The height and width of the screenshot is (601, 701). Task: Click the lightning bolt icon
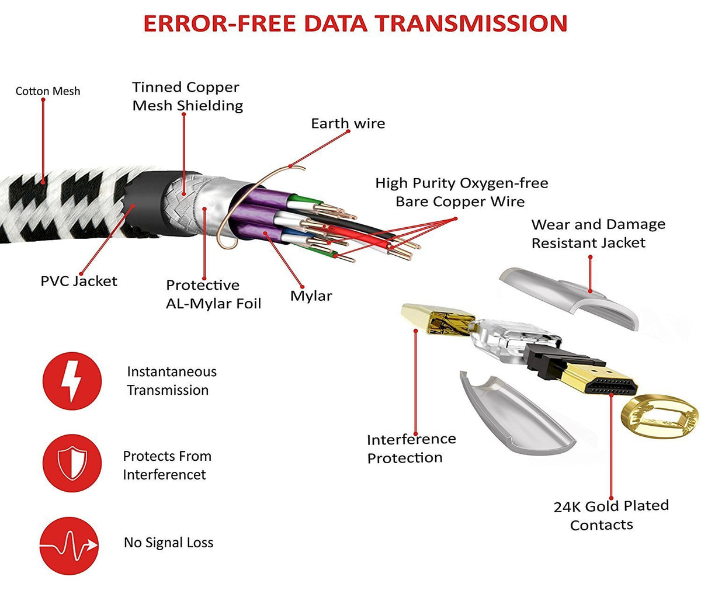(72, 381)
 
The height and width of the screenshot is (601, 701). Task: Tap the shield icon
(72, 464)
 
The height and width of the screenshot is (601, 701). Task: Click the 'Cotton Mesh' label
(48, 91)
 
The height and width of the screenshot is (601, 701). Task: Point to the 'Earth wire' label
(348, 123)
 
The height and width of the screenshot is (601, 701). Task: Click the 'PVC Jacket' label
(79, 281)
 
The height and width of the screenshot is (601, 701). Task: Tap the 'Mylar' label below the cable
(311, 296)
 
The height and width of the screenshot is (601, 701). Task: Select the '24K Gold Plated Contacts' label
(610, 515)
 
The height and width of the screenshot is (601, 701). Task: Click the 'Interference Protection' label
(411, 448)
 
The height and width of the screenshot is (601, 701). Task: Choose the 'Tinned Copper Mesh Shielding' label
(187, 96)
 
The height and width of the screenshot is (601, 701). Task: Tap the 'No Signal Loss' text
(168, 543)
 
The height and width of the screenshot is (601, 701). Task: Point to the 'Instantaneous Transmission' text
(171, 381)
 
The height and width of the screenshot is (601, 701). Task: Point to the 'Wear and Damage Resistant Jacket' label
(598, 233)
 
